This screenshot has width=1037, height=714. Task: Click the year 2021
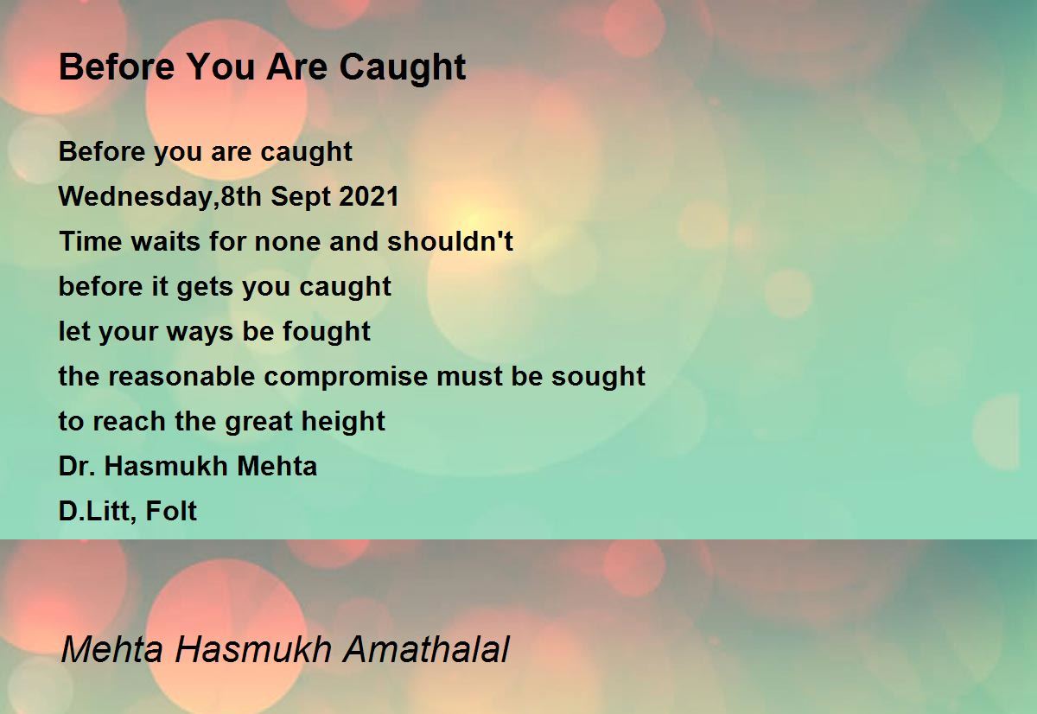tap(368, 196)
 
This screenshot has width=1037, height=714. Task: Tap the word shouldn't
tap(450, 241)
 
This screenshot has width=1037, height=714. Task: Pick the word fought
tap(327, 332)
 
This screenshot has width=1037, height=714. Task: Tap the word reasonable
tap(181, 376)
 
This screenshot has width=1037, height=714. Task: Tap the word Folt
tap(171, 511)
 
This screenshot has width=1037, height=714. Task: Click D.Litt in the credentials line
tap(99, 512)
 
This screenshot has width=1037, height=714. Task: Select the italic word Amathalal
tap(426, 649)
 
